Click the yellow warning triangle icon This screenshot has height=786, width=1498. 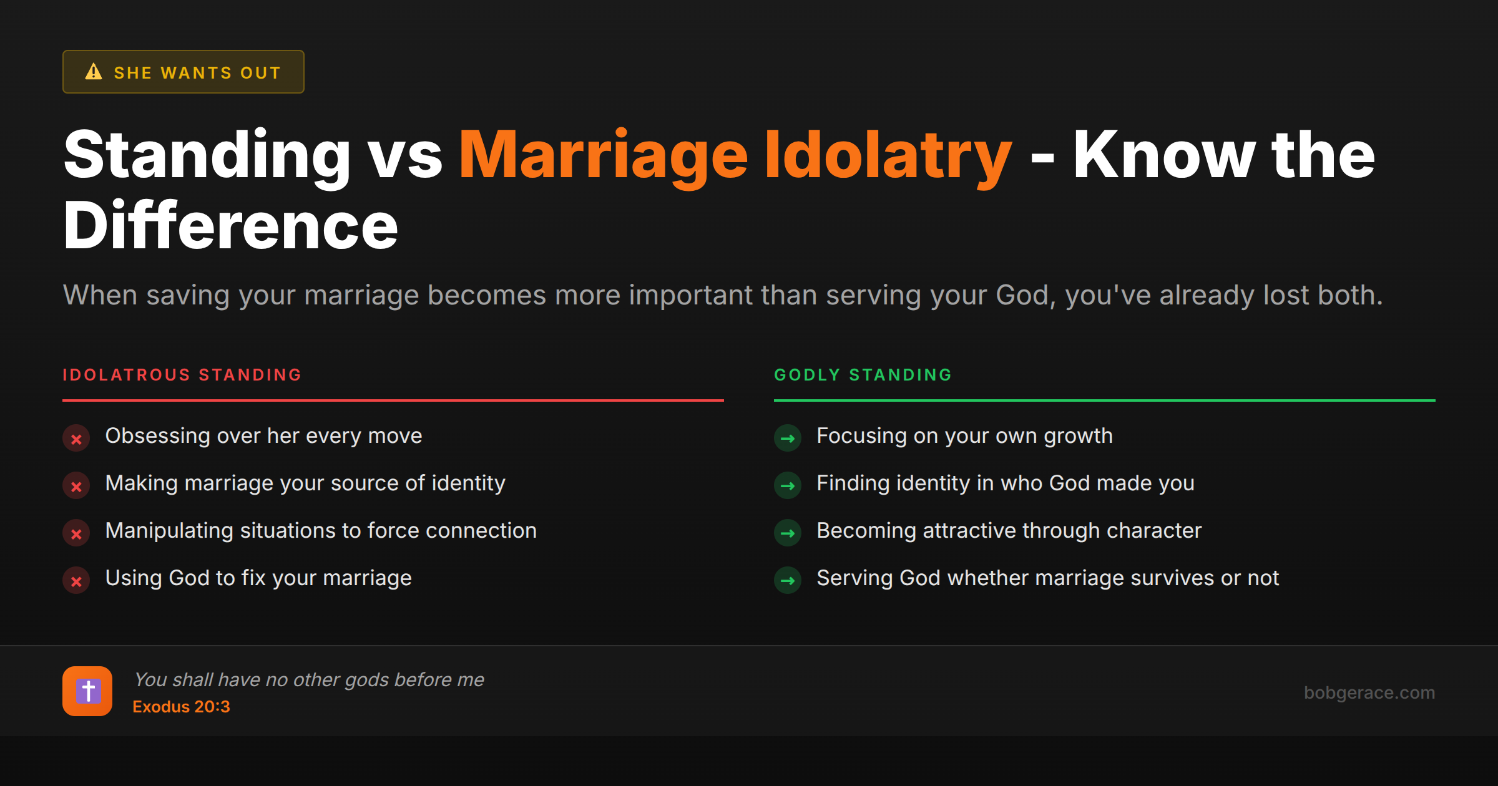94,72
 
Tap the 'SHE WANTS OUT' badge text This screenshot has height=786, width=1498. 197,73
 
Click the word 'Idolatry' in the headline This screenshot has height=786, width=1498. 888,156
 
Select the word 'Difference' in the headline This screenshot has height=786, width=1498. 230,226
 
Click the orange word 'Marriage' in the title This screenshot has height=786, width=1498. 603,156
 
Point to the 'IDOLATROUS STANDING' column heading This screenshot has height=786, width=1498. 182,375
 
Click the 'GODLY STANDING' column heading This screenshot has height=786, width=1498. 863,375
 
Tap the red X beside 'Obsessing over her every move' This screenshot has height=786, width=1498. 76,439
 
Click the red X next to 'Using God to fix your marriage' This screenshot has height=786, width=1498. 76,581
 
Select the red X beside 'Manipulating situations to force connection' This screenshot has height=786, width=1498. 76,534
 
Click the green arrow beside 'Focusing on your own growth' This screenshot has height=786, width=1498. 788,439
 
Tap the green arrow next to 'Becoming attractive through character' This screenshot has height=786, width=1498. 788,533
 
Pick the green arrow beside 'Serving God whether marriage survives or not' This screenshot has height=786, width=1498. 788,581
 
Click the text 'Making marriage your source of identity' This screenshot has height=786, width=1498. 305,483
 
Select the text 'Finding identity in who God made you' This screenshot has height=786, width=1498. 1005,483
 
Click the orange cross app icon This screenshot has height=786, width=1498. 87,691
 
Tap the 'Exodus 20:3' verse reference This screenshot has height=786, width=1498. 181,707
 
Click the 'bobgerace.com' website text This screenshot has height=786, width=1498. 1369,692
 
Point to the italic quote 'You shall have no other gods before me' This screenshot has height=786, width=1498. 309,679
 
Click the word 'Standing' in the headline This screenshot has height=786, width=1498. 207,156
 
